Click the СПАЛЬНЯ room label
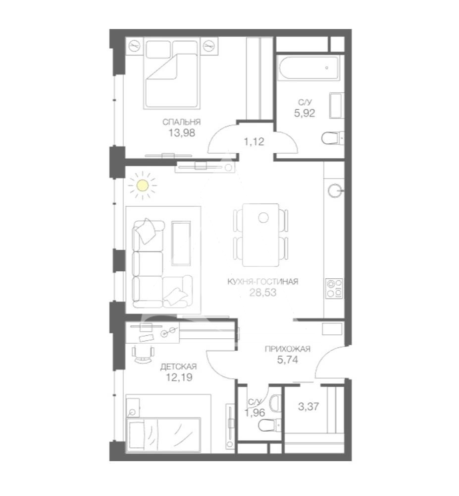pyautogui.click(x=182, y=122)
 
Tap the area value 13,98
pyautogui.click(x=182, y=133)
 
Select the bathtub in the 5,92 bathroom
pyautogui.click(x=308, y=68)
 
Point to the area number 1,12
pyautogui.click(x=254, y=141)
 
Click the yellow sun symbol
pyautogui.click(x=143, y=186)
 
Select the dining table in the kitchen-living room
pyautogui.click(x=261, y=235)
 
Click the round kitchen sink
pyautogui.click(x=335, y=191)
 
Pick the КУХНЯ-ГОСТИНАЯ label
pyautogui.click(x=262, y=282)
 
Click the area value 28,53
pyautogui.click(x=262, y=293)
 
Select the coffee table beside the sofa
pyautogui.click(x=181, y=243)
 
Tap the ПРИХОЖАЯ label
pyautogui.click(x=287, y=349)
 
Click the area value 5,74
pyautogui.click(x=287, y=360)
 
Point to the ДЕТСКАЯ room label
pyautogui.click(x=178, y=367)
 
